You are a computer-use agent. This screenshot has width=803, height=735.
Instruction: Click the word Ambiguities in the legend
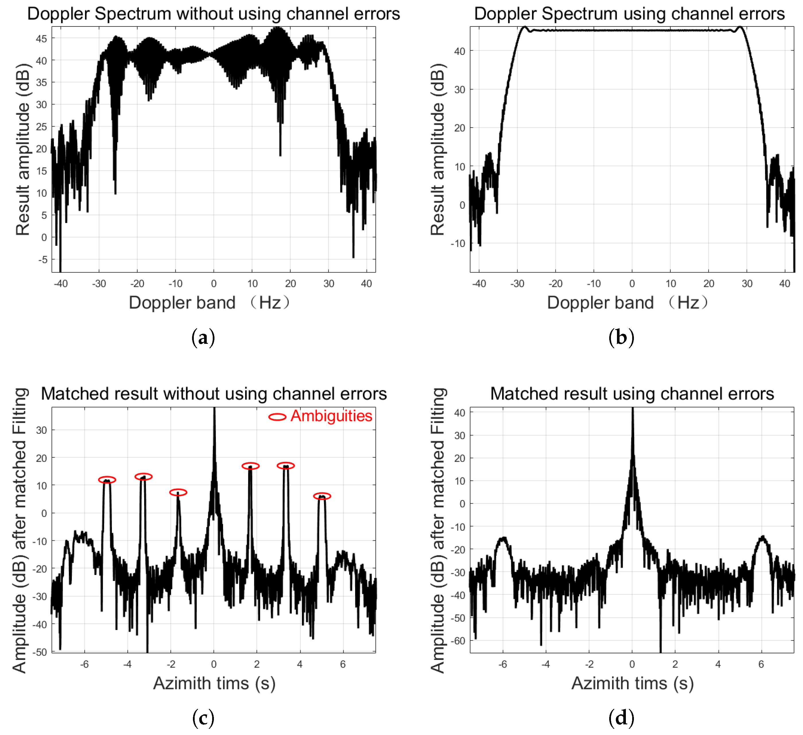(331, 416)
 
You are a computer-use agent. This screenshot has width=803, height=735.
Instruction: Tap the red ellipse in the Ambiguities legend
(277, 417)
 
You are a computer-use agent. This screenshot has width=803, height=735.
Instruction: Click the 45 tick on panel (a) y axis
(41, 39)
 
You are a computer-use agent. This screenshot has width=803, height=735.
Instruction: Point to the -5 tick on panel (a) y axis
(42, 260)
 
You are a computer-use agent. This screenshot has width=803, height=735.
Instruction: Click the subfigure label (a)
(203, 337)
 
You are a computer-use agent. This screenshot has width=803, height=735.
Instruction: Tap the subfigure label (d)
(621, 718)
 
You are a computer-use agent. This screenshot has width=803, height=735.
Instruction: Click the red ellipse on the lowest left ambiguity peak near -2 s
(178, 492)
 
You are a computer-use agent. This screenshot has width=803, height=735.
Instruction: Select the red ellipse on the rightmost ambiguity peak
(322, 496)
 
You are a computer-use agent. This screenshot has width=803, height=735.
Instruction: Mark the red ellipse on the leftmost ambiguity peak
(107, 480)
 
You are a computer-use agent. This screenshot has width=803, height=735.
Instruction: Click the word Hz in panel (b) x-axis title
(688, 303)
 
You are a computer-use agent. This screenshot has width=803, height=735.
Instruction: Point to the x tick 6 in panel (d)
(761, 664)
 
